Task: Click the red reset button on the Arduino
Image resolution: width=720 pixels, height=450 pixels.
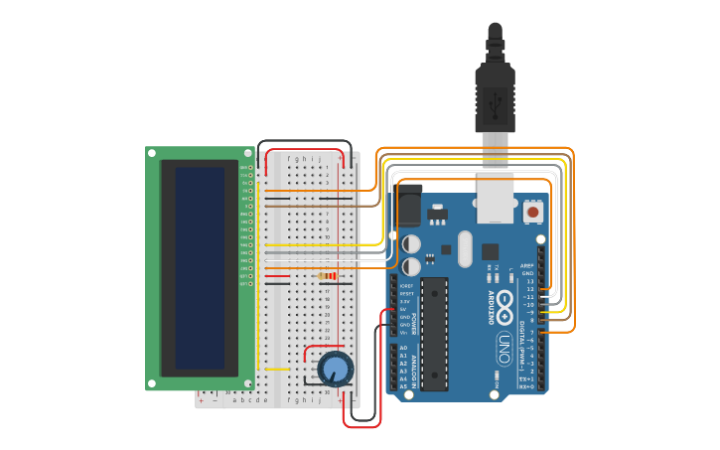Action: coord(533,212)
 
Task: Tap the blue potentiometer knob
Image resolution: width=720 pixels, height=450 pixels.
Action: coord(336,370)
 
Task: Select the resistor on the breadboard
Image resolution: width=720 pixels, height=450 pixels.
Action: coord(326,276)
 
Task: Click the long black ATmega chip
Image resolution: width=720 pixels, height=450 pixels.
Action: coord(434,333)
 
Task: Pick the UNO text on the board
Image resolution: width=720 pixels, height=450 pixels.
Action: coord(504,348)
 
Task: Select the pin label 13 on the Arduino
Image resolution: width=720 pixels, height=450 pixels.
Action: coord(530,281)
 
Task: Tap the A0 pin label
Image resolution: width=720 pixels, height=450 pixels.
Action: coord(403,348)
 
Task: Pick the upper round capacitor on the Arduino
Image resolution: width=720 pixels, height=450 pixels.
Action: coord(411,243)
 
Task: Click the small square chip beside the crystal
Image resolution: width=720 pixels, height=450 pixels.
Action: coord(490,251)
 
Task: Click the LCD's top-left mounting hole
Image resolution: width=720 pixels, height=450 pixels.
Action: coord(152,153)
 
